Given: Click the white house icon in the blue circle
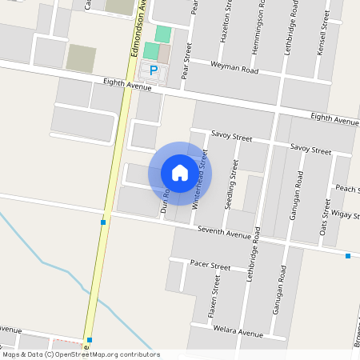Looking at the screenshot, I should tap(180, 172).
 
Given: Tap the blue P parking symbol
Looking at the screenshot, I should tap(154, 71).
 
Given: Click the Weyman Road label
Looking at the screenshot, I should tap(234, 68).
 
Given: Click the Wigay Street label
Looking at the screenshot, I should tap(344, 215).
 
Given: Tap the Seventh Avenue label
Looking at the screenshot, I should tap(225, 233).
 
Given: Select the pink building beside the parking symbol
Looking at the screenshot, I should tap(164, 54).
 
